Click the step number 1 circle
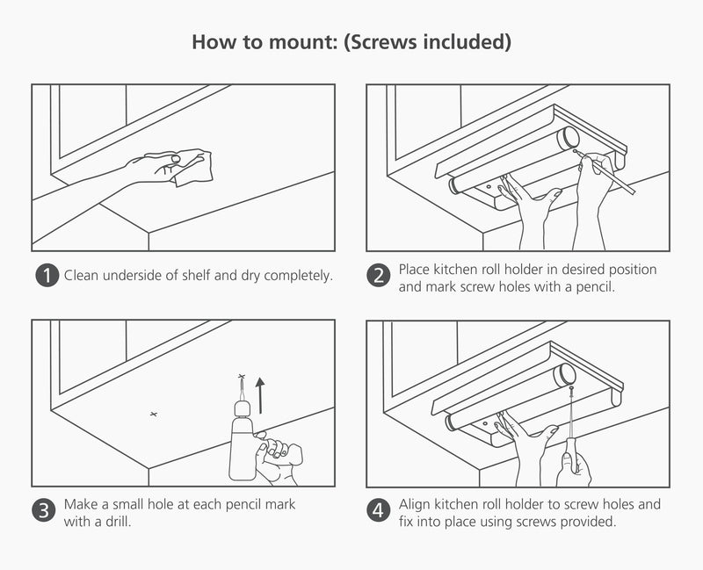(47, 275)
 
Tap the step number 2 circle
(379, 275)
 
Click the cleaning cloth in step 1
(191, 168)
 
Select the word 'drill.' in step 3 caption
(117, 522)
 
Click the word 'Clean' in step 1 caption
(83, 275)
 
